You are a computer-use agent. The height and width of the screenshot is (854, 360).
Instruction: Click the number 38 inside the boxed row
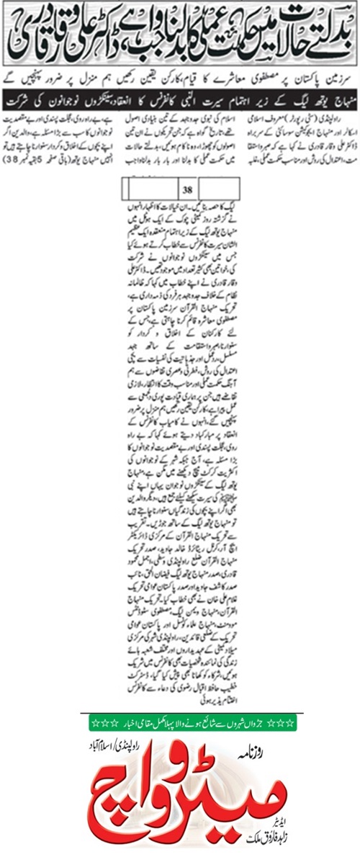pos(186,170)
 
